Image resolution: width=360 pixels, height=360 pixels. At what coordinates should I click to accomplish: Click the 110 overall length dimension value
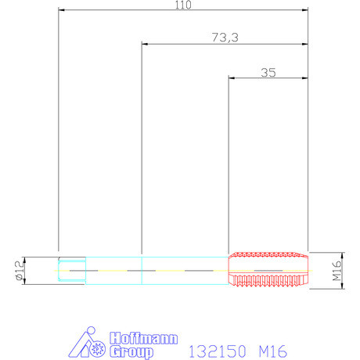(183, 5)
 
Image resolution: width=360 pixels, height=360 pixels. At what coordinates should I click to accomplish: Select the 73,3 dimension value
(225, 38)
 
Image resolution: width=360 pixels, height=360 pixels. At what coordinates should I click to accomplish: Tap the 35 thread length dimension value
(268, 73)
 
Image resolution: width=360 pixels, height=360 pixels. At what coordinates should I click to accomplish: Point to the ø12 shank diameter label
(20, 271)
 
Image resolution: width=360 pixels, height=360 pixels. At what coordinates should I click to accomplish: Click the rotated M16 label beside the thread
(337, 271)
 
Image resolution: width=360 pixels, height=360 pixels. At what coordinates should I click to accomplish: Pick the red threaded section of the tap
(268, 269)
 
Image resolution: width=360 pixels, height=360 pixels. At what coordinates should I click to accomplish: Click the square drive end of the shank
(72, 271)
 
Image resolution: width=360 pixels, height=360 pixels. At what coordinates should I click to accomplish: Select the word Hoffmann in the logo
(144, 339)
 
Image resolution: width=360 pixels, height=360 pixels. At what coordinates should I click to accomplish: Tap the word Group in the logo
(131, 352)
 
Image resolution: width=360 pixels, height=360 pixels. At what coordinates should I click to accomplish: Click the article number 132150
(218, 351)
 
